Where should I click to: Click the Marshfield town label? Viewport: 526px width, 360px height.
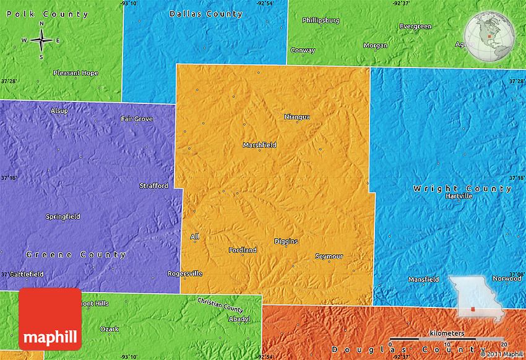pos(260,145)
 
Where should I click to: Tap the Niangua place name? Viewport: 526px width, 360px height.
pos(297,116)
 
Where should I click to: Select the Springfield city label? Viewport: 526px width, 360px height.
pos(63,216)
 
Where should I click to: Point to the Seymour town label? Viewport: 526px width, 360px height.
pos(329,256)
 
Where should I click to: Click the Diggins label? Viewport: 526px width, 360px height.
pos(286,241)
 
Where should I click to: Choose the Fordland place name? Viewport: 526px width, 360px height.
pos(243,250)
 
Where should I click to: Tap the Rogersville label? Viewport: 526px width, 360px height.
pos(185,273)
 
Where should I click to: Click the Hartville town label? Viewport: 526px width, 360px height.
pos(459,196)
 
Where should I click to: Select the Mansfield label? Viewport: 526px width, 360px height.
pos(424,279)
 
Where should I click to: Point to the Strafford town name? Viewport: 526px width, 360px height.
pos(153,186)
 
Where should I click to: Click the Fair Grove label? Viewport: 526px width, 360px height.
pos(137,119)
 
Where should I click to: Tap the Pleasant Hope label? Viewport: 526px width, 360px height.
pos(75,73)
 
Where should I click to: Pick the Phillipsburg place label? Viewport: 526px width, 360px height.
pos(321,20)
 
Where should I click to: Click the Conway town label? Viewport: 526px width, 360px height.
pos(303,50)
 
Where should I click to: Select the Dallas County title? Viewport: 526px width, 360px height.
pos(206,14)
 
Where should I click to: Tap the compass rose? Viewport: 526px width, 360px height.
pos(41,41)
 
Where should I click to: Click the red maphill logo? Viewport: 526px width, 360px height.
pos(50,319)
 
